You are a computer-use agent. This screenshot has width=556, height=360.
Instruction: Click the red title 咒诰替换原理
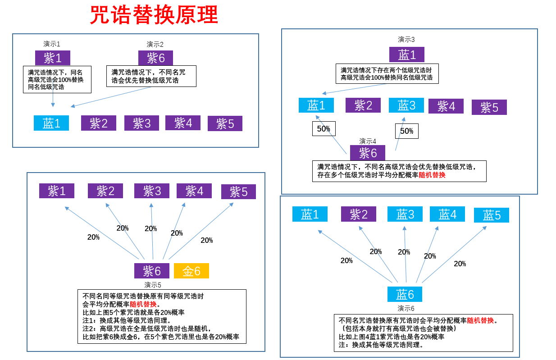tap(154, 15)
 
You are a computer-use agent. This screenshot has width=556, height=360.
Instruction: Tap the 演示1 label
tap(52, 44)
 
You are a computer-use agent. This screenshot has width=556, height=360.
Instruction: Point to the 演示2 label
tap(155, 45)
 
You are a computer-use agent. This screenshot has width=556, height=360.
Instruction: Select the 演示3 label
tap(406, 40)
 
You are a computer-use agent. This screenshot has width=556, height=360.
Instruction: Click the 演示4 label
tap(368, 141)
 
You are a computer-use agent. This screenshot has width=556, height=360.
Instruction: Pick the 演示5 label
tap(153, 285)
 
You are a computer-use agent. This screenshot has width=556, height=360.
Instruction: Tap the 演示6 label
tap(406, 308)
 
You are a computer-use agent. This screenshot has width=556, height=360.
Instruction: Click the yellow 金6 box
tap(191, 271)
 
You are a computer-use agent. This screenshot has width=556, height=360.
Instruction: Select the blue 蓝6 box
tap(405, 294)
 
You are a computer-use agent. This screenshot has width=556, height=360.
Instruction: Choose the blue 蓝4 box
tap(447, 214)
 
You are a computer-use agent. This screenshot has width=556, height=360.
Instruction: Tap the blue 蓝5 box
tap(492, 215)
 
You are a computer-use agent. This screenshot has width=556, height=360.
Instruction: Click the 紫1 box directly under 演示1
tap(53, 58)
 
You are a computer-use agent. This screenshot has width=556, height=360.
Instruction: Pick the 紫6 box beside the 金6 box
tap(152, 271)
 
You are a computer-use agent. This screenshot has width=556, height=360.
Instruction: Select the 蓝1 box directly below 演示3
tap(407, 55)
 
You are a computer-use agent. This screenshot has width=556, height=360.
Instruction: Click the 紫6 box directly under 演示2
tap(155, 58)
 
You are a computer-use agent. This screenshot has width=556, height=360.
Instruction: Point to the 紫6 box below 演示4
tap(368, 153)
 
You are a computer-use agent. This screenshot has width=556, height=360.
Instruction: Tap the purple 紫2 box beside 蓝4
tap(358, 214)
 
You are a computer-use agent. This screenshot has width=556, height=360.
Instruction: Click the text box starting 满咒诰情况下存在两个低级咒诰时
tap(387, 74)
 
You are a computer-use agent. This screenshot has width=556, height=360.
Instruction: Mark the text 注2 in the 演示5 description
tap(89, 329)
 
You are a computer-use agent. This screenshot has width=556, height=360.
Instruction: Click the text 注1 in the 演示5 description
tap(89, 320)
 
